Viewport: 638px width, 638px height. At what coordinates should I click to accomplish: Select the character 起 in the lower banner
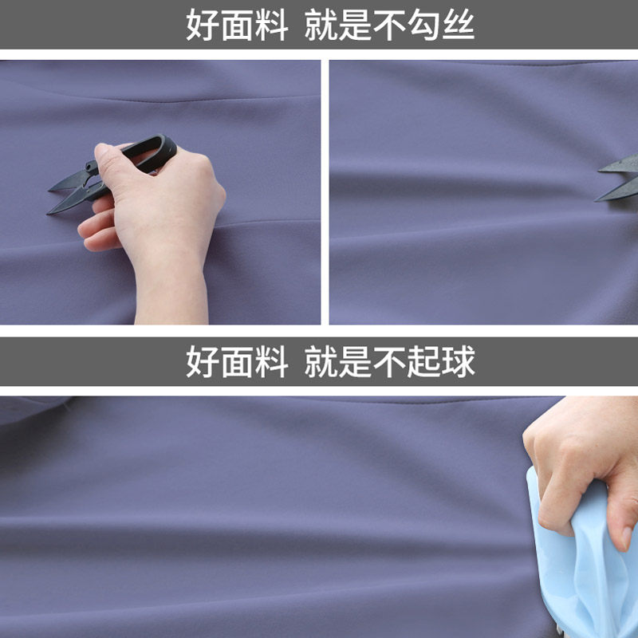(424, 362)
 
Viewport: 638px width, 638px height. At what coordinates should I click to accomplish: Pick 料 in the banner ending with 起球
(271, 362)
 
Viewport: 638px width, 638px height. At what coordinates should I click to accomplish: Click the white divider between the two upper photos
(325, 191)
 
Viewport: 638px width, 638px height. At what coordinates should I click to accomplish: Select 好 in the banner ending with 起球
(202, 362)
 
